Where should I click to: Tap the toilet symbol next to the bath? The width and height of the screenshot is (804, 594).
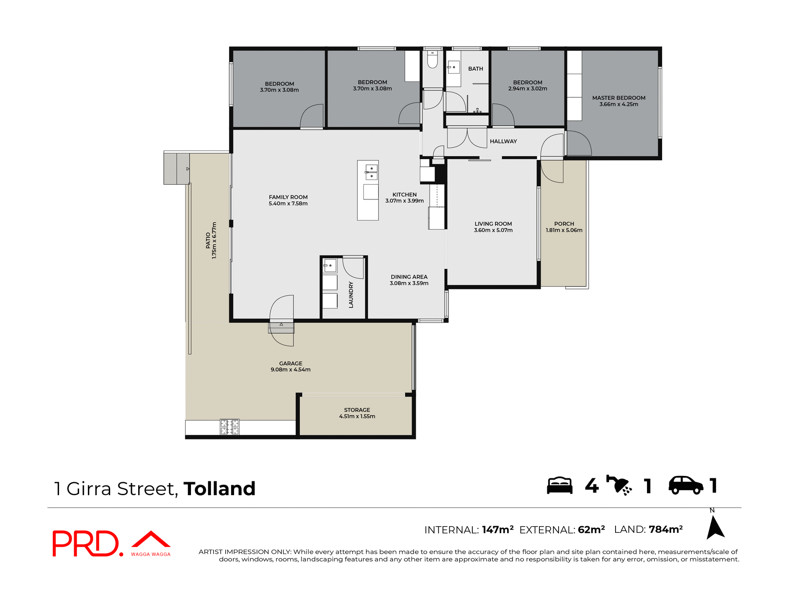point(432,60)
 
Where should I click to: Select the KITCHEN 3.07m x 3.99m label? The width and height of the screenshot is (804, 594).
point(404,198)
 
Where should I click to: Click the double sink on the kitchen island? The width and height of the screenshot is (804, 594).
point(371,172)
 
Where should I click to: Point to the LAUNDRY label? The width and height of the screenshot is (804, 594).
point(351,295)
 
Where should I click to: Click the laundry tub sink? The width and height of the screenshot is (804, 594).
point(330,266)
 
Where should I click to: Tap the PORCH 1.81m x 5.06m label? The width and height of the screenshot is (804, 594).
point(564,227)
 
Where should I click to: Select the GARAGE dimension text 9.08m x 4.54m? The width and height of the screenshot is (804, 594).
point(290,370)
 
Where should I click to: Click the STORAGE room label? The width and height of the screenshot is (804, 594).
point(357,410)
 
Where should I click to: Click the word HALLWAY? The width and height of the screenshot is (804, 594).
point(503,142)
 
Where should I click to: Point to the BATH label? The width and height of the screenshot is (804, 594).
point(475,69)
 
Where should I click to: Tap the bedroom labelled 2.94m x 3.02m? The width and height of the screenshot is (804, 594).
point(527,85)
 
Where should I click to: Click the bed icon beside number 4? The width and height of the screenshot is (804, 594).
point(559,486)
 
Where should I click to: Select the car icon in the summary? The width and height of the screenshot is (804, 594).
point(685,486)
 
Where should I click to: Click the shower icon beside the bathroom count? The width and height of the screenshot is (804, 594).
point(619,486)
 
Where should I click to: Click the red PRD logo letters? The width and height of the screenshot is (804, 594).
point(86,544)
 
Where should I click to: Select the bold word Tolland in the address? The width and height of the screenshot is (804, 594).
point(219,489)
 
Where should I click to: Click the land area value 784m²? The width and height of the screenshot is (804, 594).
point(665,529)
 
